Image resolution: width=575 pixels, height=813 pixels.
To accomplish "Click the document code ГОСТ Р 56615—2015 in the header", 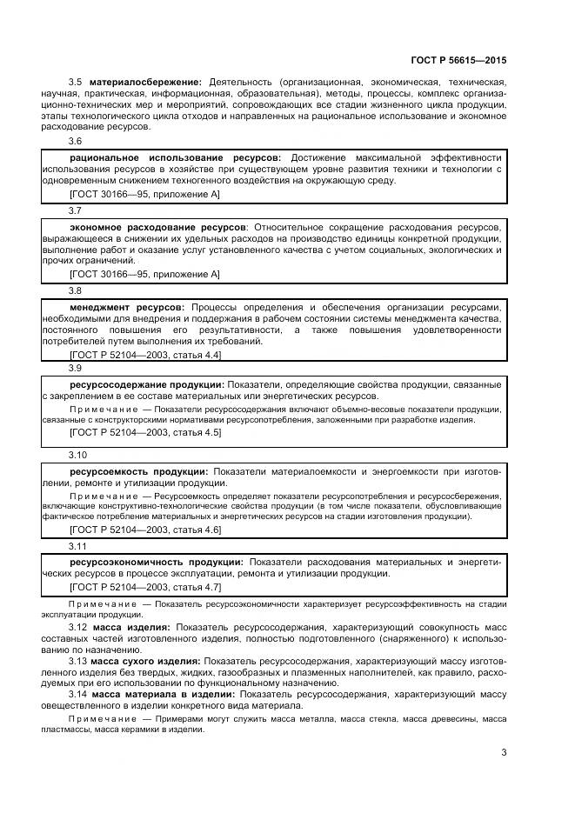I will (458, 61).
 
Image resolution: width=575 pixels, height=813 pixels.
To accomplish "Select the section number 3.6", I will (76, 141).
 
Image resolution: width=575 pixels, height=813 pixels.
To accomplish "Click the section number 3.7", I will (76, 210).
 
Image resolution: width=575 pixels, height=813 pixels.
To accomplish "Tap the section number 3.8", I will (76, 290).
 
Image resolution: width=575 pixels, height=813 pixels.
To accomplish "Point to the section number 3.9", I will (76, 369).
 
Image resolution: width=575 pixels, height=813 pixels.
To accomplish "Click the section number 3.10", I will (78, 454).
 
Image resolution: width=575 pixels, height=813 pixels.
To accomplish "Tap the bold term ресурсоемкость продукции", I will (137, 470).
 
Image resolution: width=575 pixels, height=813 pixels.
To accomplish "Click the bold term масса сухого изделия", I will (145, 661).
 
